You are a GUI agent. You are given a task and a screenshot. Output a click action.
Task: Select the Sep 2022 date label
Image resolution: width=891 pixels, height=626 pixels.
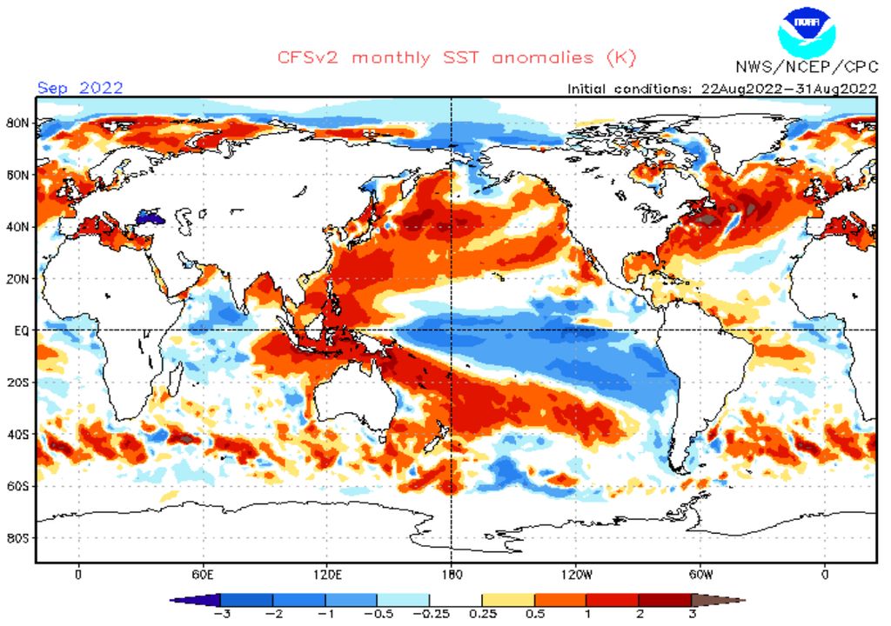(80, 87)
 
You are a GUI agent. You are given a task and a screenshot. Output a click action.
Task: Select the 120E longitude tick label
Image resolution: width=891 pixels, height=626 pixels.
(327, 575)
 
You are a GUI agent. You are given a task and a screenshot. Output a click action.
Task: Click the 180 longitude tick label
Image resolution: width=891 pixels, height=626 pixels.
(451, 575)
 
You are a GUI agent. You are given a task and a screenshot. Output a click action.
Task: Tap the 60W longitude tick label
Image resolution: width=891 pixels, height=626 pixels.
(701, 575)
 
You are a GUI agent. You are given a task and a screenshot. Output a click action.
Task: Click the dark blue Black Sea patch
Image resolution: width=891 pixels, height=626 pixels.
(151, 212)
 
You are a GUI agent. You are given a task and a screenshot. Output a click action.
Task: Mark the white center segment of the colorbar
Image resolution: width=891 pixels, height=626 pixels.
(456, 600)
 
